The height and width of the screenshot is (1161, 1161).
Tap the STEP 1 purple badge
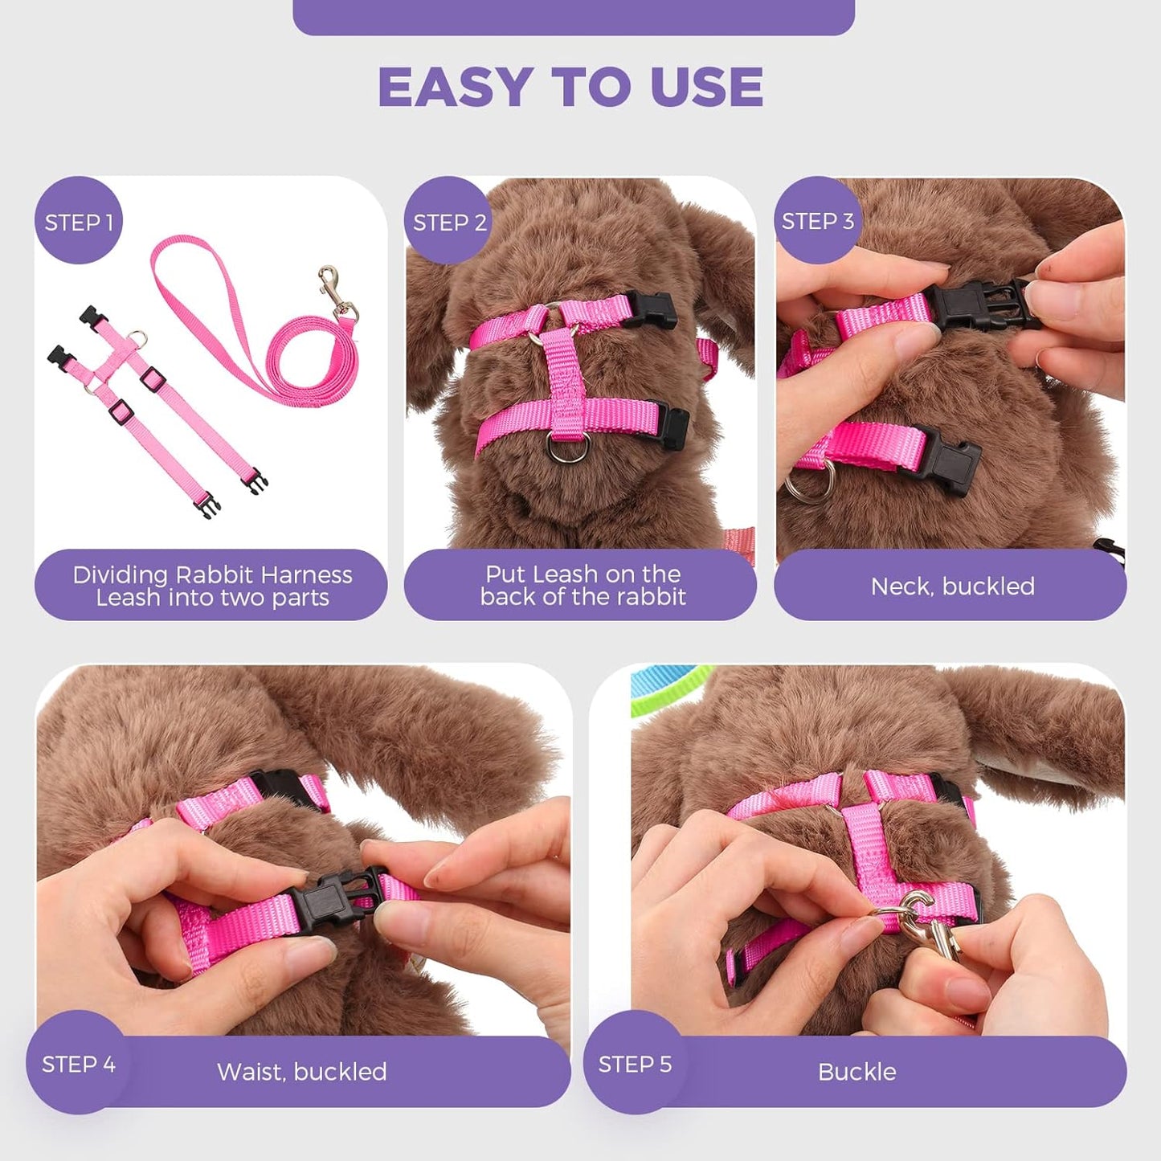[79, 222]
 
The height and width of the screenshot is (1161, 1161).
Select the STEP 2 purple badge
[449, 222]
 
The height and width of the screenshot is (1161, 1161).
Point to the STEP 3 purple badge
[817, 221]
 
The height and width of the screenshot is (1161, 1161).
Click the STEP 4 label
[78, 1064]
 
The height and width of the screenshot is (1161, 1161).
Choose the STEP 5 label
[635, 1064]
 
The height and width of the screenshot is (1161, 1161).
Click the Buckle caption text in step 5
[856, 1072]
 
